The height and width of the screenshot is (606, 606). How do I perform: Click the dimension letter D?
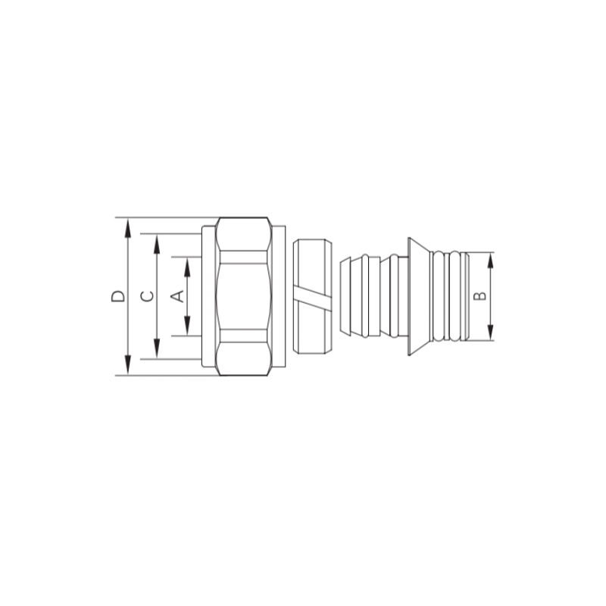[x=118, y=296]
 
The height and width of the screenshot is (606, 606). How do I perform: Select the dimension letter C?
[x=147, y=296]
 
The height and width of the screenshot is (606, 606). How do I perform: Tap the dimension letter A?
[x=177, y=296]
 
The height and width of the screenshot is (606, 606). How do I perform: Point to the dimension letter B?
[x=480, y=296]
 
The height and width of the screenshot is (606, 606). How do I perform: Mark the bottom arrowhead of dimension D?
[x=127, y=366]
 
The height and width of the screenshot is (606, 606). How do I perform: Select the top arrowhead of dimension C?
[x=157, y=243]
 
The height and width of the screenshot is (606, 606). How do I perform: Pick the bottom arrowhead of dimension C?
[x=157, y=349]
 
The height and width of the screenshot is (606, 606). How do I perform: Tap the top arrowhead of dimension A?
[x=187, y=267]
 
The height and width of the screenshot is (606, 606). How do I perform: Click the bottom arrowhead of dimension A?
[x=187, y=326]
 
